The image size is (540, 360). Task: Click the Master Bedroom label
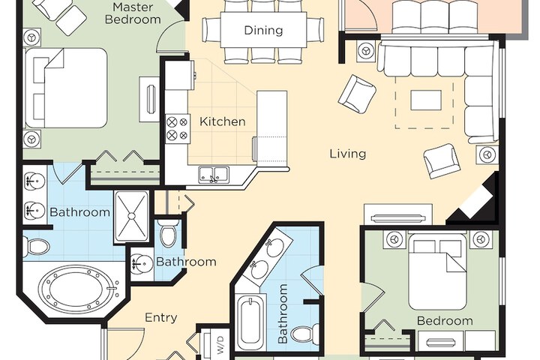[x=133, y=13]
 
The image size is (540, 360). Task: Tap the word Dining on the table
[x=263, y=30]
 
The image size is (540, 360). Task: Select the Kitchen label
[x=223, y=121]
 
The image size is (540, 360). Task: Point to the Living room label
[x=348, y=153]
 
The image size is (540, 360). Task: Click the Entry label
[x=161, y=317]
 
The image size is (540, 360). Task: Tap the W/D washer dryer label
[x=220, y=345]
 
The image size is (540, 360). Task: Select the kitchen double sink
[x=214, y=173]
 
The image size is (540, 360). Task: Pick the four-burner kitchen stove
[x=177, y=128]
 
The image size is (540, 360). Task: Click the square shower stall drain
[x=132, y=216]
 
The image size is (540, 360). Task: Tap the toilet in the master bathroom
[x=36, y=247]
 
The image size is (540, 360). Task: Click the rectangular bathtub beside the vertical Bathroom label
[x=251, y=321]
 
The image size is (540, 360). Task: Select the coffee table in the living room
[x=426, y=100]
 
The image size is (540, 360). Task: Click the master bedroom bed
[x=65, y=88]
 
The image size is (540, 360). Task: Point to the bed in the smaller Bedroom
[x=437, y=271]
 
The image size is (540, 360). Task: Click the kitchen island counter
[x=271, y=127]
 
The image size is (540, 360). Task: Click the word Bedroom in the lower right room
[x=445, y=321]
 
